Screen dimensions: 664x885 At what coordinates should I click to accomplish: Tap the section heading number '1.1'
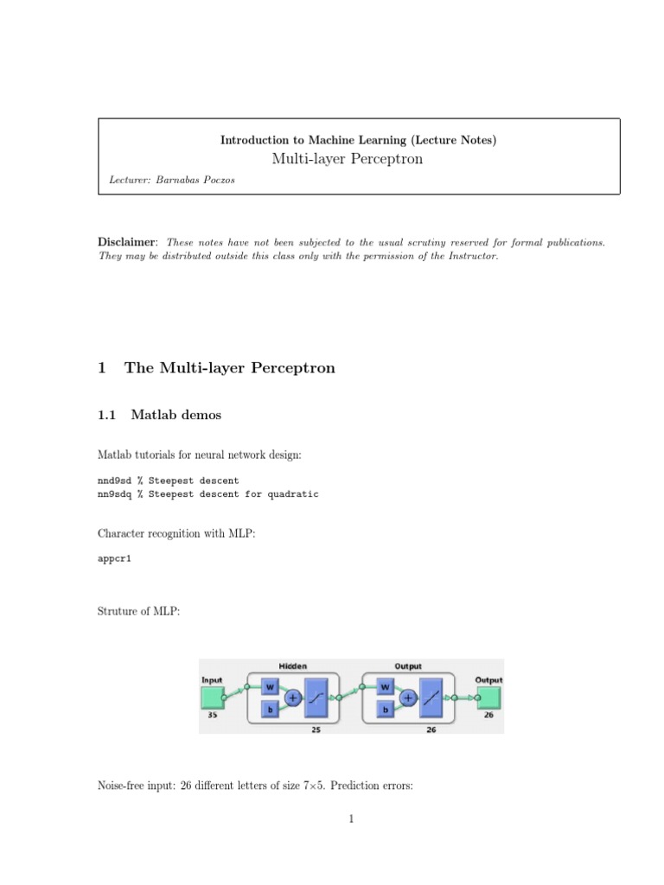106,416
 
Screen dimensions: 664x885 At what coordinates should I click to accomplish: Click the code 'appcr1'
115,559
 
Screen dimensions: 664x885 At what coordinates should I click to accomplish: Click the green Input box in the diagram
212,696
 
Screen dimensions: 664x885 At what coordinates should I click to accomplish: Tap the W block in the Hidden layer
269,687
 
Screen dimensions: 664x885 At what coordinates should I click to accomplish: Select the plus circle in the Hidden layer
292,698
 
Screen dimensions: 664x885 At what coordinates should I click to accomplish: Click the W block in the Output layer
385,687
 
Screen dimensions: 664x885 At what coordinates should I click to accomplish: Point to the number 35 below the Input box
212,716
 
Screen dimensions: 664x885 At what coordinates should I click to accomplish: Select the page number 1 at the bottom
352,819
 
